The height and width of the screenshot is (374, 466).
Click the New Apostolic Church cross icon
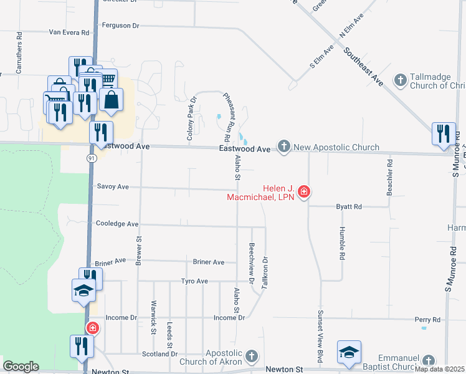(284, 147)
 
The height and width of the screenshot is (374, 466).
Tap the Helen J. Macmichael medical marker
(303, 191)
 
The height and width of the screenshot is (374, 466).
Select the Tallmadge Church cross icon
(401, 80)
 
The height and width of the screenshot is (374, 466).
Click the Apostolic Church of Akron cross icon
(251, 356)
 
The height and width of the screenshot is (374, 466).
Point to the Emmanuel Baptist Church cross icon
(429, 361)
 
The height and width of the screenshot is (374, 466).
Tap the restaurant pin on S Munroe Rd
(443, 134)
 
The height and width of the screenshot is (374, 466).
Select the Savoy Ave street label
(113, 186)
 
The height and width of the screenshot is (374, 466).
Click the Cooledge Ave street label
(117, 223)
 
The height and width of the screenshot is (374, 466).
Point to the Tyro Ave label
(194, 281)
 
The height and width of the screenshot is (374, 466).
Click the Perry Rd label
(427, 319)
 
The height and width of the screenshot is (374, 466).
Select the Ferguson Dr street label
(120, 26)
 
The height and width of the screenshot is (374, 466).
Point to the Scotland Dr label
(160, 353)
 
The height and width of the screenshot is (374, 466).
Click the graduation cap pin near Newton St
(349, 352)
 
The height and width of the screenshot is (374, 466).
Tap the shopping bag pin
(111, 99)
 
